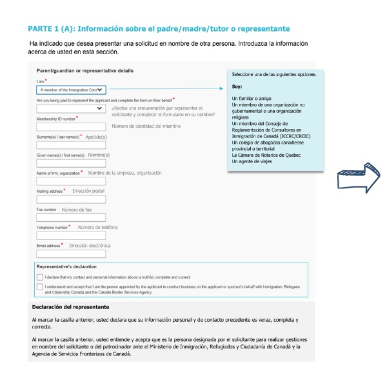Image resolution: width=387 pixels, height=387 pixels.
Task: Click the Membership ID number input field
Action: [x=71, y=126]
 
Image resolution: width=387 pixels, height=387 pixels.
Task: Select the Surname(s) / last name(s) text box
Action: [x=71, y=145]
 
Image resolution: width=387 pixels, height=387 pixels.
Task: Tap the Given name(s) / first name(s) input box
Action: [x=71, y=163]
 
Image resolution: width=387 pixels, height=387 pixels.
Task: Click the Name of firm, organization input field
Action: [x=71, y=182]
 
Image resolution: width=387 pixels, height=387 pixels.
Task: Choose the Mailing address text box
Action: [x=71, y=200]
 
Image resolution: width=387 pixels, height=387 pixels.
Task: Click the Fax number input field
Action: [x=71, y=218]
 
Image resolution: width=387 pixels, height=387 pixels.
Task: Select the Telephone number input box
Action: [x=71, y=236]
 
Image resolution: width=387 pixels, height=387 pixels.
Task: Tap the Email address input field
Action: [x=71, y=254]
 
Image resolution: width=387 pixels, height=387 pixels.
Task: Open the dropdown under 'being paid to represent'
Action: [x=71, y=109]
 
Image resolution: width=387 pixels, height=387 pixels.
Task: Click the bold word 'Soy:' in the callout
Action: [x=237, y=86]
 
